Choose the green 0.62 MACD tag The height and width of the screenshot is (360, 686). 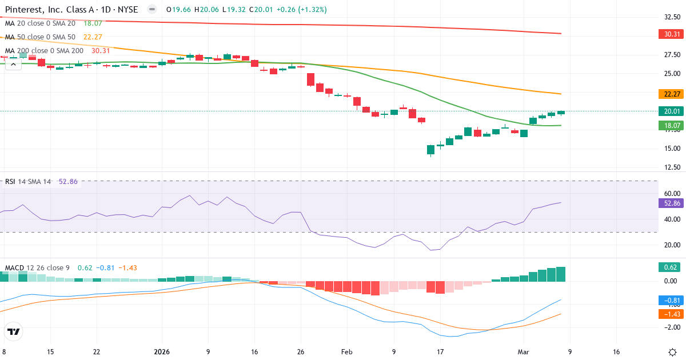click(x=668, y=267)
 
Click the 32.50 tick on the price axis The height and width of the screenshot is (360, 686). click(x=668, y=17)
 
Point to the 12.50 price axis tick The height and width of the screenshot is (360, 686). click(x=668, y=167)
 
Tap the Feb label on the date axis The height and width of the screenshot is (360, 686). click(x=347, y=352)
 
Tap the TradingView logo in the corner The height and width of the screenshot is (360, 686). click(x=14, y=331)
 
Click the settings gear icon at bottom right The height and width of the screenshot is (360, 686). click(x=672, y=352)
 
